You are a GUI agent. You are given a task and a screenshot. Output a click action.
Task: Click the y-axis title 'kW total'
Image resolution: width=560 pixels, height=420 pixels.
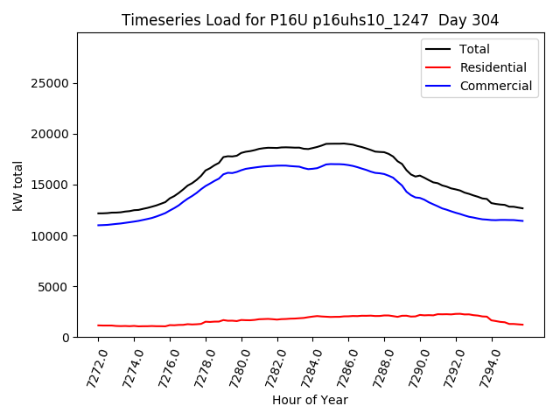(17, 185)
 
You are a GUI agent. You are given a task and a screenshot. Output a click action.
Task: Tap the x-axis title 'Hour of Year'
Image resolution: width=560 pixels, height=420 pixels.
(310, 400)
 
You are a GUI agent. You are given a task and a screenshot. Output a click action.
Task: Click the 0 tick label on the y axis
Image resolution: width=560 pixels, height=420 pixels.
(66, 337)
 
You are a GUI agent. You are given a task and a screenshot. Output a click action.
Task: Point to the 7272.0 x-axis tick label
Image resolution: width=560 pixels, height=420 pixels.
(91, 363)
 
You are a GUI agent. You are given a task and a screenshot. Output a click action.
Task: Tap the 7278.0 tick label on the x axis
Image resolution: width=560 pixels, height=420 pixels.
(199, 363)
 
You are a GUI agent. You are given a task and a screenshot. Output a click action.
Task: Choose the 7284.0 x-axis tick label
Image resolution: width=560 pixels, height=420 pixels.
(306, 363)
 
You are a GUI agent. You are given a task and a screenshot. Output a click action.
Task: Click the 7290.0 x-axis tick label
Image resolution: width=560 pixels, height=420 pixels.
(413, 363)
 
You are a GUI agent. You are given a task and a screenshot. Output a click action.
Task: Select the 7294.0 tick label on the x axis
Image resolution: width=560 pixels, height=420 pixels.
(485, 363)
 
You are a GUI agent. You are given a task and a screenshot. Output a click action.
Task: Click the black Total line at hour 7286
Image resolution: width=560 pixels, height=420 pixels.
(349, 143)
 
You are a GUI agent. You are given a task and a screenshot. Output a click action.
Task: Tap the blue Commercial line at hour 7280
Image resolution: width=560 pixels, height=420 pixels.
(241, 169)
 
